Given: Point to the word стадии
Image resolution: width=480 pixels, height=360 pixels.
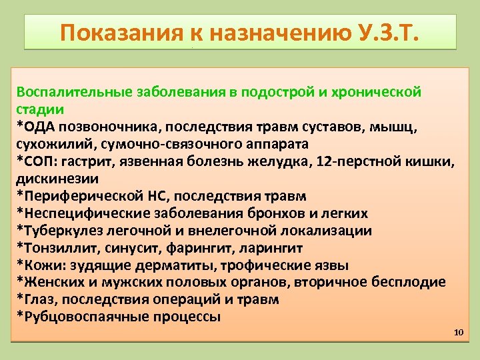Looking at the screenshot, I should coord(40,109).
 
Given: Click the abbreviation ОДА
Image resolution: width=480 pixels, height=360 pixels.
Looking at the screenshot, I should coord(39,127).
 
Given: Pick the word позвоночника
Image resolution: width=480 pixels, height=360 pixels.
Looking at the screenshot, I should coord(107,127).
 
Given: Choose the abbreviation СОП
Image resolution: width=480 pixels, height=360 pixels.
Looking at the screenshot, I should coord(39,161).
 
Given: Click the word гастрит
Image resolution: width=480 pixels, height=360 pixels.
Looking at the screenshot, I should coord(84,161).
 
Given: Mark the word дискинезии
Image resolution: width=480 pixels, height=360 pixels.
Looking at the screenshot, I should coord(57,179).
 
